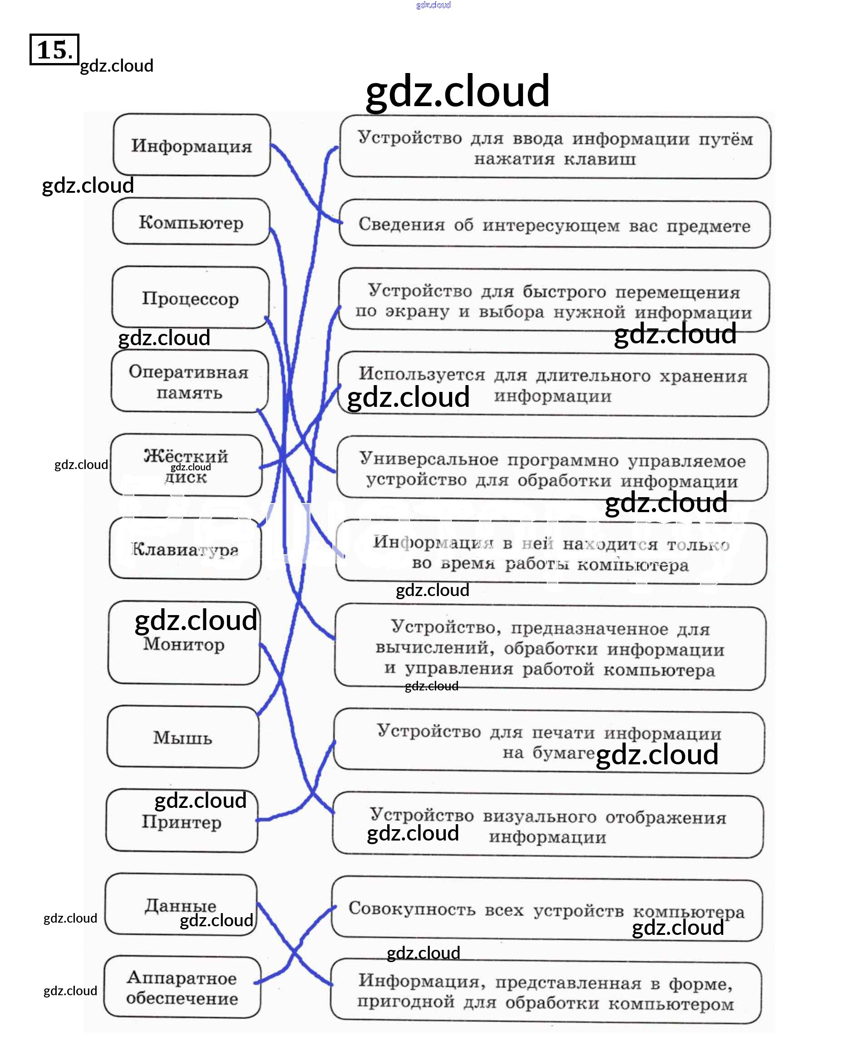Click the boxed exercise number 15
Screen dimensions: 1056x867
(x=54, y=50)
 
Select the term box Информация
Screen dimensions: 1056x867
(x=191, y=145)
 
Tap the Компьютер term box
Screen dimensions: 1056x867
(x=191, y=222)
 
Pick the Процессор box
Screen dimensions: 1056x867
(x=190, y=298)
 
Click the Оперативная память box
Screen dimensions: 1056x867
(x=189, y=382)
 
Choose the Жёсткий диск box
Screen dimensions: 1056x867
(x=186, y=465)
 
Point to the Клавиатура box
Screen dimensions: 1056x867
(x=185, y=549)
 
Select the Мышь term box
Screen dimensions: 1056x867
(x=183, y=737)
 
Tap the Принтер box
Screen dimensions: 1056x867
(x=181, y=821)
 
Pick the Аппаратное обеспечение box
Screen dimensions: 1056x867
(x=182, y=988)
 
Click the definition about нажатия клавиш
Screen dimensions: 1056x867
(x=555, y=148)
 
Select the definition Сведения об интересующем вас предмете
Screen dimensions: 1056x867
(x=554, y=225)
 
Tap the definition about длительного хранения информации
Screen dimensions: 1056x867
(x=553, y=385)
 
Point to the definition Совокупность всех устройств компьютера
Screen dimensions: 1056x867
(x=547, y=909)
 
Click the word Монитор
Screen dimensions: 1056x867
(x=184, y=644)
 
